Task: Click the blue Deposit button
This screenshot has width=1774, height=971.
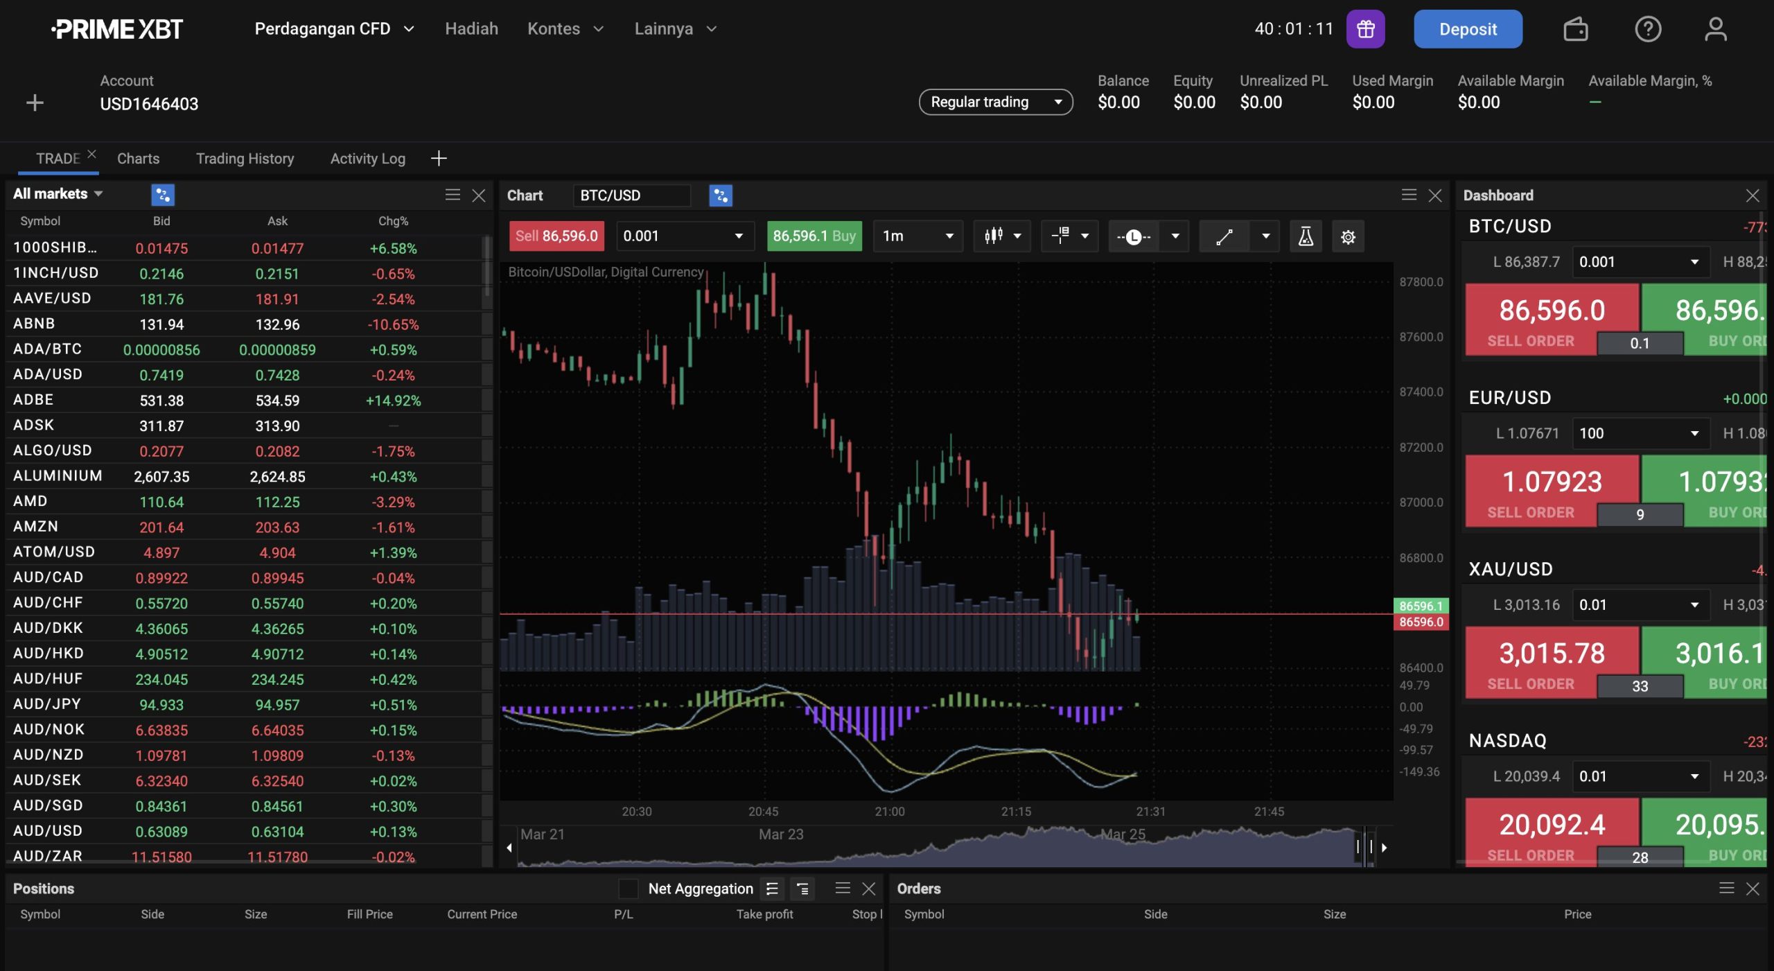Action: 1467,29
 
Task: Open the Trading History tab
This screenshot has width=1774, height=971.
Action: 245,159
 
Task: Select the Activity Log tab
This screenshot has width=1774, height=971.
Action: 367,159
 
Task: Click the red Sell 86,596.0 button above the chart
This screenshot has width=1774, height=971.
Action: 556,236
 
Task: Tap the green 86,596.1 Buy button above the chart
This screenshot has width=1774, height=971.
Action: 814,236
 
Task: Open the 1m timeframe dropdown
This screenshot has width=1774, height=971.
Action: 917,236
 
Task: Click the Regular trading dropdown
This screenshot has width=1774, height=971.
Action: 995,102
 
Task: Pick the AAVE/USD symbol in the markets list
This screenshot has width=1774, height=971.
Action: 52,298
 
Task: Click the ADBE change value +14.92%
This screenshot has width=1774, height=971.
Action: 393,401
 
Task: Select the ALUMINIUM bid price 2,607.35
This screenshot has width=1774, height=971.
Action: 161,477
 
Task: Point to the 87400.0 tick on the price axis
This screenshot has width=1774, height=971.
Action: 1421,392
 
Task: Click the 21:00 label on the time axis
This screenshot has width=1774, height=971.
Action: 889,811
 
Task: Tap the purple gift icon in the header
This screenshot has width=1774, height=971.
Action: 1365,29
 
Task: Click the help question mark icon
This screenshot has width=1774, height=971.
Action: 1647,29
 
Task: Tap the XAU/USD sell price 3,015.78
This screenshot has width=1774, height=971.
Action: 1551,654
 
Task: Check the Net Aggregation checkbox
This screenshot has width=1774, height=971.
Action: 628,889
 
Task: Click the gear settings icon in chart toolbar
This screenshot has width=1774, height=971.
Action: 1347,237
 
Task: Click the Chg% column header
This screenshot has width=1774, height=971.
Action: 393,221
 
